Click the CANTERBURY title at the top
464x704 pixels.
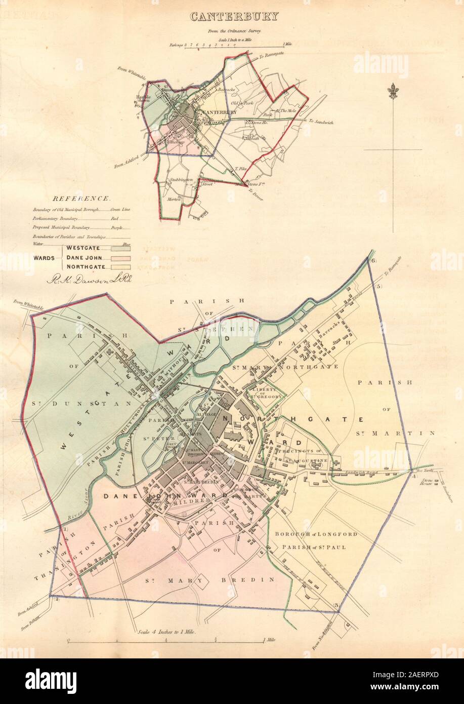pos(234,16)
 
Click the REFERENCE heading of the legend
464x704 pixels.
pos(83,199)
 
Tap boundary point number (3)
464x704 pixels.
pos(335,606)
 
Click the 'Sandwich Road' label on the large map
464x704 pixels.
pos(344,471)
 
